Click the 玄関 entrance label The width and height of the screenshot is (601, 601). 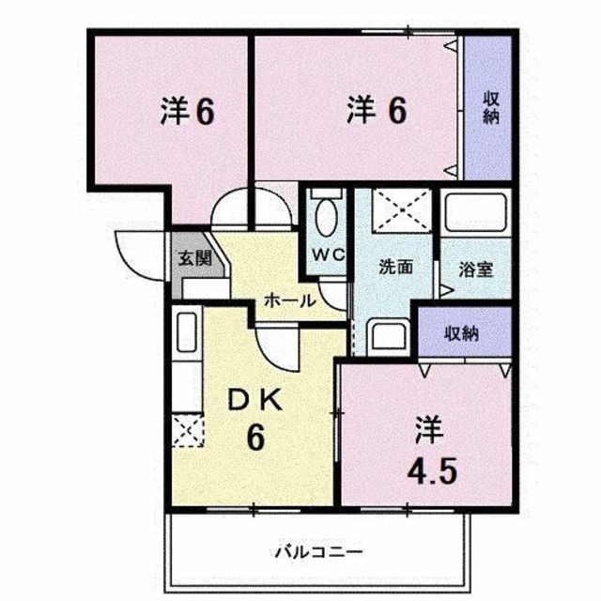[195, 259]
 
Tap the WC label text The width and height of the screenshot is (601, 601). [328, 254]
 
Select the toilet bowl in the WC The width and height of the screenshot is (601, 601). [326, 216]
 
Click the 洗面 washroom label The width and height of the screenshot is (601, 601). [395, 267]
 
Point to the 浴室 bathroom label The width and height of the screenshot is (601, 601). [476, 270]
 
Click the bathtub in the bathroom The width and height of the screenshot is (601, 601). [476, 212]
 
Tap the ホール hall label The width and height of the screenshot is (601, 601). [290, 300]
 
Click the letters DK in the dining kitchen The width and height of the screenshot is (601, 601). [255, 401]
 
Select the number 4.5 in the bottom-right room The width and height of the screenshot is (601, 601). [432, 471]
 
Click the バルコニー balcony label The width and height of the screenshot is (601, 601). [318, 552]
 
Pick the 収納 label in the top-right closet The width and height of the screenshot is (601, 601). [490, 108]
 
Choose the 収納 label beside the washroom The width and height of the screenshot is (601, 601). [461, 333]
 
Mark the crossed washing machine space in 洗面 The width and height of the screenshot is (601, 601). [403, 210]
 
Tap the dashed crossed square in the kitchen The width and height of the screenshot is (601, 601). [188, 430]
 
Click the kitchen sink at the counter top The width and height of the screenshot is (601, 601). [187, 331]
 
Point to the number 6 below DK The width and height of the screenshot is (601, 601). [255, 439]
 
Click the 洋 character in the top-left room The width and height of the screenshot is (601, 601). [175, 111]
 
